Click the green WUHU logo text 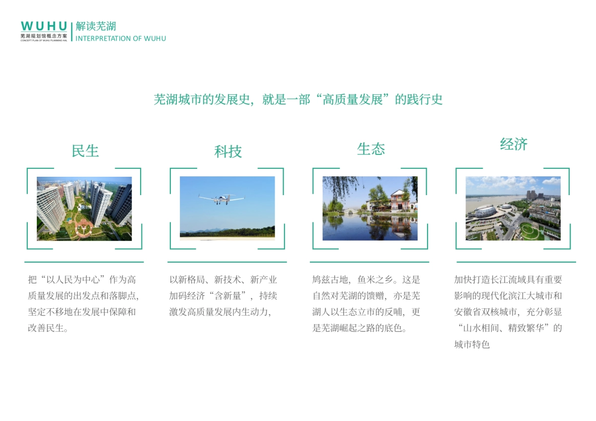[44, 26]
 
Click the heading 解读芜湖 [96, 26]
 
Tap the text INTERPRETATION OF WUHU [121, 38]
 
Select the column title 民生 [85, 151]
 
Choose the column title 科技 [228, 151]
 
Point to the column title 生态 [371, 149]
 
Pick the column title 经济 [514, 144]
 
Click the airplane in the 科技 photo [221, 199]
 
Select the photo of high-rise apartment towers [84, 209]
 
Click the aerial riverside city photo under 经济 [513, 209]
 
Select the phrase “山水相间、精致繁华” [508, 328]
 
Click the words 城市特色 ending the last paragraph [472, 344]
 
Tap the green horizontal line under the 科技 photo [227, 262]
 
